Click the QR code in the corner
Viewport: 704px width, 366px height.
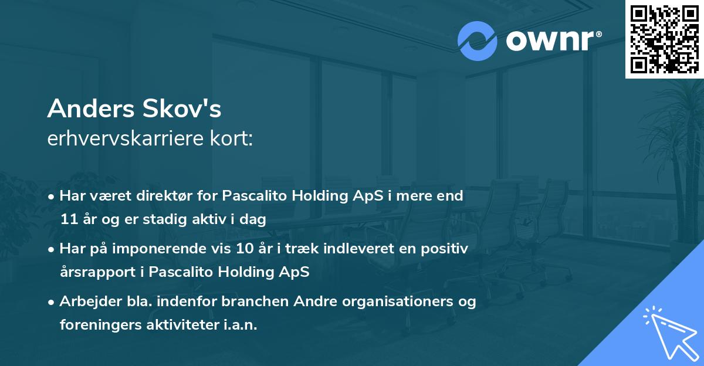tap(664, 39)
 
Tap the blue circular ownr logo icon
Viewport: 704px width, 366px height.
tap(478, 41)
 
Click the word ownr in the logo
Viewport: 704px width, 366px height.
tap(550, 40)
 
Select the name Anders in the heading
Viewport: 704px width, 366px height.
tap(91, 109)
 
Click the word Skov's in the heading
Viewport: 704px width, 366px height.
tap(182, 109)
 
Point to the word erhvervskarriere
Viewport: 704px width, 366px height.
tap(126, 138)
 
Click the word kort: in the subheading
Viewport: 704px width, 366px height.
tap(232, 138)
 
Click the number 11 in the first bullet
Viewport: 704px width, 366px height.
tap(69, 219)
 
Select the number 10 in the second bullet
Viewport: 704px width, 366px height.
tap(245, 249)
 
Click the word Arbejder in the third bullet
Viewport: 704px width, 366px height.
tap(90, 301)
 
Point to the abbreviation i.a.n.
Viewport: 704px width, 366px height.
tap(241, 324)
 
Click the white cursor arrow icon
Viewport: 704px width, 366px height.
tap(671, 333)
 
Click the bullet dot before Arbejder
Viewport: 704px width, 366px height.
tap(51, 303)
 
